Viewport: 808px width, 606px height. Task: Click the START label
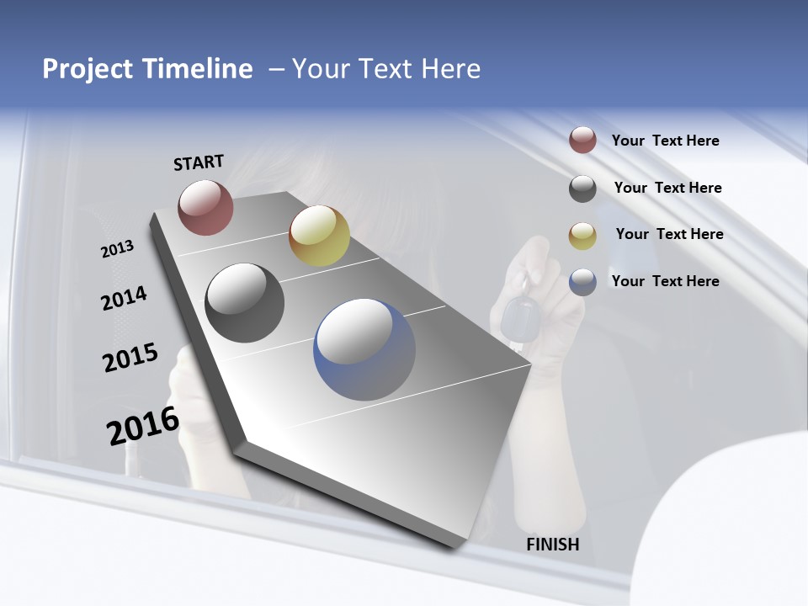[x=199, y=162]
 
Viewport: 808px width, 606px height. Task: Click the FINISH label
[x=553, y=545]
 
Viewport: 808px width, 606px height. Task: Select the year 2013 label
[x=117, y=249]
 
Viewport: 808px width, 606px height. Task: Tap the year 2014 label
[x=125, y=298]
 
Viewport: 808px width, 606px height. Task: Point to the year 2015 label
[x=130, y=358]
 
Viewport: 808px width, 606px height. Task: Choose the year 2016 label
[x=143, y=425]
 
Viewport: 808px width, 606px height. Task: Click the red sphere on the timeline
[x=205, y=207]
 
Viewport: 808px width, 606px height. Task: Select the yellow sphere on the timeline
[x=319, y=235]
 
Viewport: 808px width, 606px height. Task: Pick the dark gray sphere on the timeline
[x=244, y=303]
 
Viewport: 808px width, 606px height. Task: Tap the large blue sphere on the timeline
[x=364, y=349]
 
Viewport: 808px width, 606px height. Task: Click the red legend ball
[x=582, y=140]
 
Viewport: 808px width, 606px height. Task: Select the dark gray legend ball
[x=582, y=189]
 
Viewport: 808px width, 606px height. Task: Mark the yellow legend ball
[x=582, y=236]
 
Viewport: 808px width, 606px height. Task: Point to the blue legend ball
[x=582, y=282]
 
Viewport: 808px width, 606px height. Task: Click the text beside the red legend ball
[x=665, y=141]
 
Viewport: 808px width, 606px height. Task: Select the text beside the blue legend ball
[x=665, y=281]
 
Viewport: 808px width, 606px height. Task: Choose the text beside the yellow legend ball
[x=669, y=234]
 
